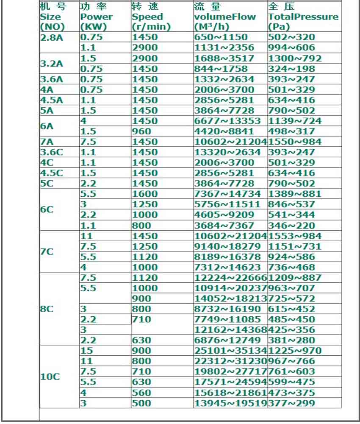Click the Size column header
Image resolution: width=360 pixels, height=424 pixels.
click(x=50, y=17)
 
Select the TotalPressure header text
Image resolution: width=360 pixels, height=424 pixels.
click(x=303, y=17)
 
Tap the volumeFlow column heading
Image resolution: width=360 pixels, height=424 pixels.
click(x=225, y=17)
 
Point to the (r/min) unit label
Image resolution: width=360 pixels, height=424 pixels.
click(x=151, y=27)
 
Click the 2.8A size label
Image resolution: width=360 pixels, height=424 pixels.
click(x=51, y=37)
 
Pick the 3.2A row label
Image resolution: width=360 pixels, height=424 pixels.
click(x=51, y=64)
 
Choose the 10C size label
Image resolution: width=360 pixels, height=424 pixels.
click(x=50, y=377)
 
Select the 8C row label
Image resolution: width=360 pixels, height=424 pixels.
click(x=47, y=309)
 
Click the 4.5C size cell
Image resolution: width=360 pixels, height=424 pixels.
click(x=51, y=173)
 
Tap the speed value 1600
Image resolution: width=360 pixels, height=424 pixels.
click(x=144, y=194)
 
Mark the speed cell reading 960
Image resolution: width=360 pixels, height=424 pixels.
click(x=141, y=131)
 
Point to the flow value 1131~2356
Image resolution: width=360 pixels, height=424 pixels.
click(x=224, y=47)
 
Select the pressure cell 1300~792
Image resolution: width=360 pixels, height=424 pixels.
click(x=295, y=58)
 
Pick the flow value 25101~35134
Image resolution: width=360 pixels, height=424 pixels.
click(x=230, y=351)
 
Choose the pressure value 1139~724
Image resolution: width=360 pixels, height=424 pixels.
click(x=295, y=121)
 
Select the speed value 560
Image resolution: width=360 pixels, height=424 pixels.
click(x=141, y=393)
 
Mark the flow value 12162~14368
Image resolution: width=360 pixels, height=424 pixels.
click(x=230, y=330)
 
